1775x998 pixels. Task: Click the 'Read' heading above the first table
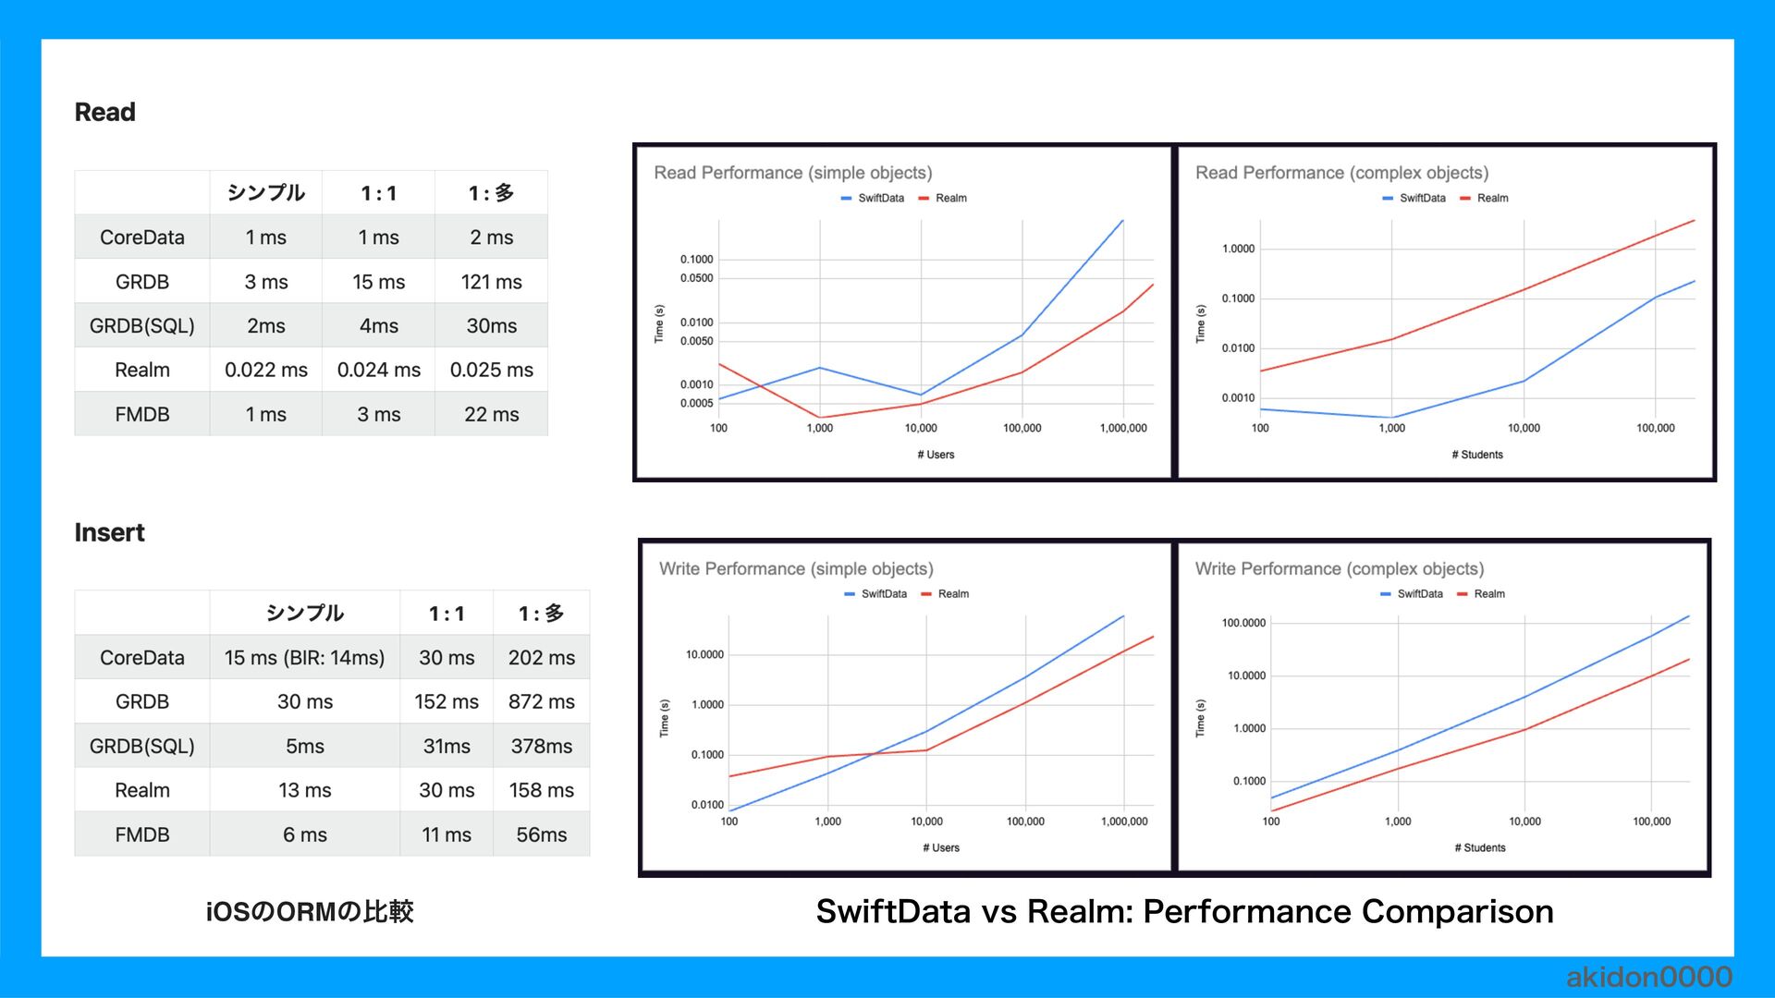[104, 113]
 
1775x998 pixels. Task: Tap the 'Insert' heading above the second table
[109, 533]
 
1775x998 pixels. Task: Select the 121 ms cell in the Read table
[491, 282]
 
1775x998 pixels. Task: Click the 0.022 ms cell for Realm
[266, 371]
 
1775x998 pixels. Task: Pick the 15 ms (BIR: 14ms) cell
[304, 658]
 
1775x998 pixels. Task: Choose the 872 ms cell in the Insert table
[541, 702]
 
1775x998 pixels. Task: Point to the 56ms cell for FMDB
[541, 835]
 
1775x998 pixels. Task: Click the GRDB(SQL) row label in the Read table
[141, 326]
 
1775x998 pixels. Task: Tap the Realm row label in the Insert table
[141, 791]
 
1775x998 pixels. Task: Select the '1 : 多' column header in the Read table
[491, 193]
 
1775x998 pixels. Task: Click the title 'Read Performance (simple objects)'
[792, 173]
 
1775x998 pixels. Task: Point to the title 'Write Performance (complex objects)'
[1339, 569]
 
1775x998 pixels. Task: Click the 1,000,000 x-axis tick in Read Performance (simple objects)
[1123, 429]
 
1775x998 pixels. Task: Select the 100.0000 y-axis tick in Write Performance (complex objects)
[1243, 624]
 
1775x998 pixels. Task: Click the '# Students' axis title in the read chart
[1476, 455]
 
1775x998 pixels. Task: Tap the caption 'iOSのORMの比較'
[310, 912]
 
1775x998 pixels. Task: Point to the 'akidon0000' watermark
[1648, 977]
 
